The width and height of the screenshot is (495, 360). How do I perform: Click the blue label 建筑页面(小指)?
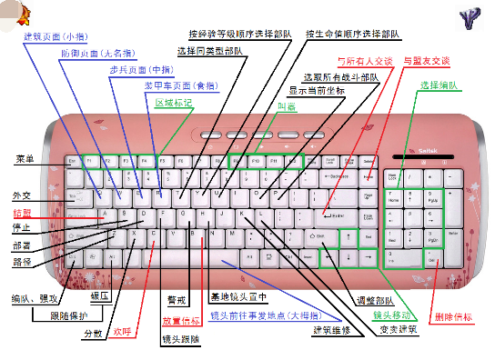[50, 38]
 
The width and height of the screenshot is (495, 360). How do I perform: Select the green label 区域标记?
[173, 103]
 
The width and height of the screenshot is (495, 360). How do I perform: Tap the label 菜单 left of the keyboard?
[24, 160]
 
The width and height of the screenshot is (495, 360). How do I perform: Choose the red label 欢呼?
[122, 332]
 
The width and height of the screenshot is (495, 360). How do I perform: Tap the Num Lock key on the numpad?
[394, 175]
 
